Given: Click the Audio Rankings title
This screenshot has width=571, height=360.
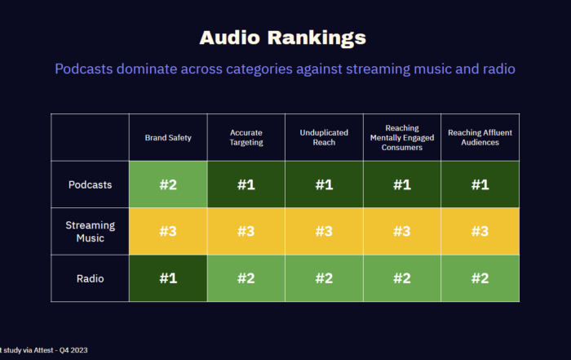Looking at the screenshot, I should click(x=283, y=38).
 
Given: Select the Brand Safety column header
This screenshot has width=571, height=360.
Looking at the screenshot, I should click(x=168, y=138).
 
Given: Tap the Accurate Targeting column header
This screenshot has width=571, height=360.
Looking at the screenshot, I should click(x=246, y=137).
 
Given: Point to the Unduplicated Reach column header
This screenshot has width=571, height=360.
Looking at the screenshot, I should click(x=324, y=137).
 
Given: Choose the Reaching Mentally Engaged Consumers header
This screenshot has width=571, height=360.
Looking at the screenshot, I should click(x=401, y=137).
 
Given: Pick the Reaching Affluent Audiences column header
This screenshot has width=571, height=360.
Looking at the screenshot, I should click(x=480, y=137).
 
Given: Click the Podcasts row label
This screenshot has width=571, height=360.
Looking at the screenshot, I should click(x=90, y=184).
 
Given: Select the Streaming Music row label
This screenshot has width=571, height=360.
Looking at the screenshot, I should click(x=90, y=231).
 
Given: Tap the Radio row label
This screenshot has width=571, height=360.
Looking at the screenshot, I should click(x=90, y=278).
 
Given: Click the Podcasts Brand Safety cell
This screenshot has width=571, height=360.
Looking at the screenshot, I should click(x=168, y=184).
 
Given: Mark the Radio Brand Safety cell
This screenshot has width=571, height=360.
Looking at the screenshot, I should click(x=168, y=278).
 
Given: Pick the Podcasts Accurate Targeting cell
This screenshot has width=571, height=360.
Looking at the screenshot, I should click(x=246, y=184).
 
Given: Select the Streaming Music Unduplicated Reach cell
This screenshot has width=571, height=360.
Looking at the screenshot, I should click(x=324, y=231).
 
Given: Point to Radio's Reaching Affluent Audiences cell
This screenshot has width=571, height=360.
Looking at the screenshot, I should click(x=480, y=278).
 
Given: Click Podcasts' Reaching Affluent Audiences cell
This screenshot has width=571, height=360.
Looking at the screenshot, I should click(x=480, y=184).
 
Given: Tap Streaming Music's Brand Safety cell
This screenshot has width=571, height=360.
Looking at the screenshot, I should click(x=168, y=231).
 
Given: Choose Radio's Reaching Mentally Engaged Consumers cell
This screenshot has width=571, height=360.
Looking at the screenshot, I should click(x=401, y=278).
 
